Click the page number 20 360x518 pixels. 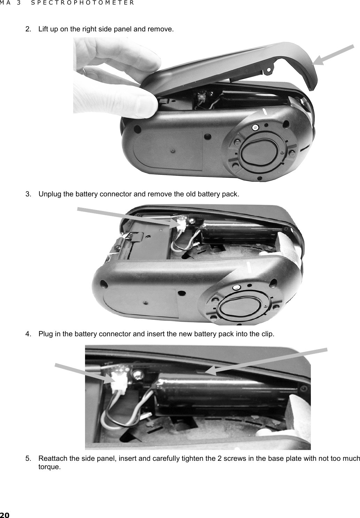click(5, 515)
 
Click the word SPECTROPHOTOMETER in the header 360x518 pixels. click(82, 3)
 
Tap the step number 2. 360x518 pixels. click(28, 29)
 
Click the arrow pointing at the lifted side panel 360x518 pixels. click(334, 55)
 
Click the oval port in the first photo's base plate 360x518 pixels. click(259, 151)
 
